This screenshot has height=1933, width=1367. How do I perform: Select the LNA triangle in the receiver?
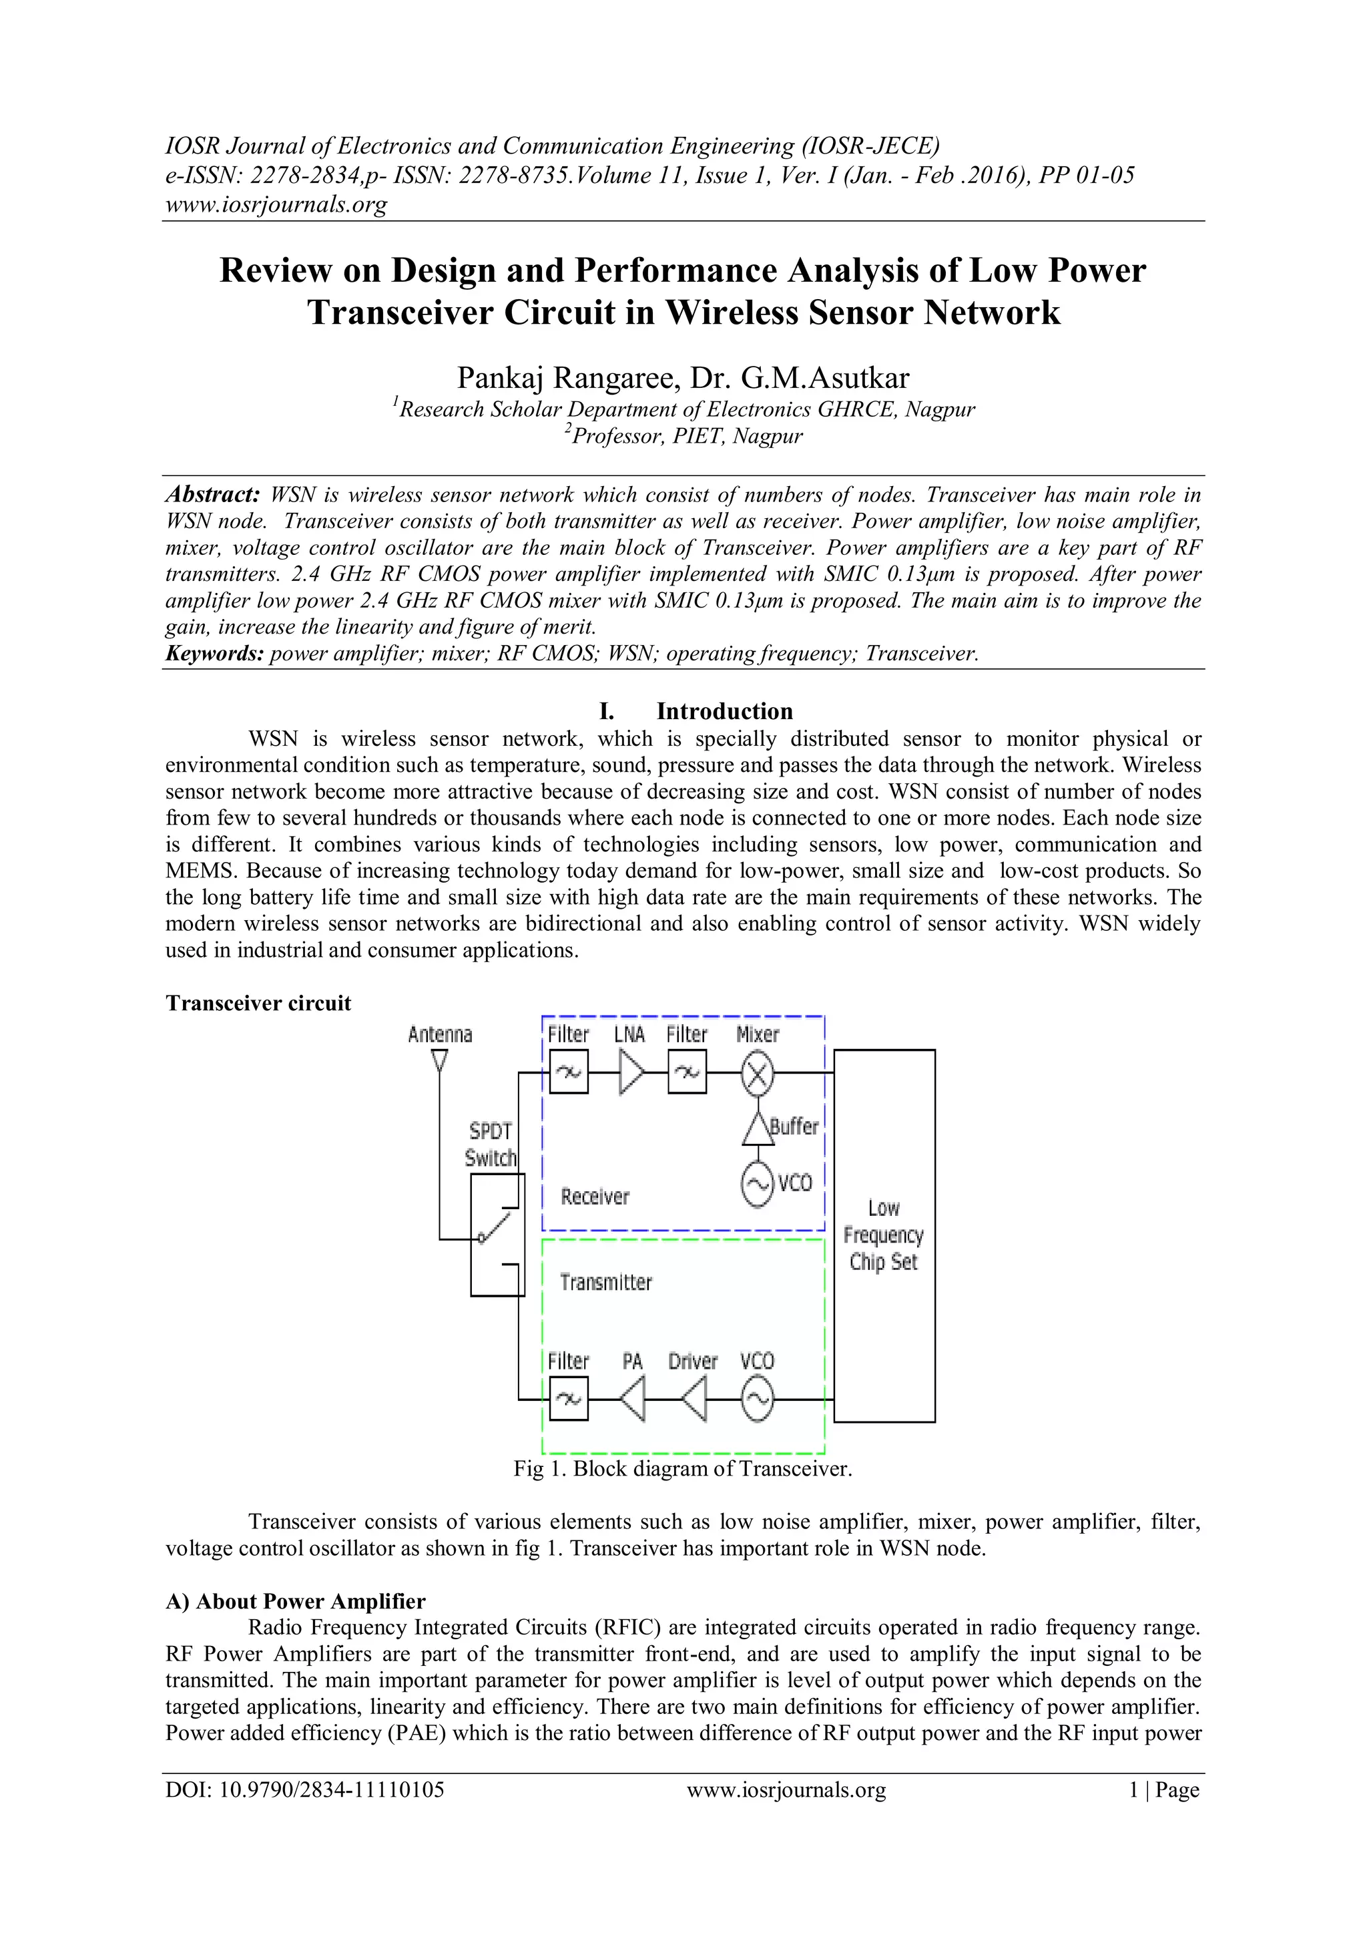pos(631,1074)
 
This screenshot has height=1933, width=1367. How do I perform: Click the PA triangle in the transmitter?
pos(633,1400)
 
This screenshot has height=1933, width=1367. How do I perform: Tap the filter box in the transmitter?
pos(568,1400)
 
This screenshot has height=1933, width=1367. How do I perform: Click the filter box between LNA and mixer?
pos(687,1074)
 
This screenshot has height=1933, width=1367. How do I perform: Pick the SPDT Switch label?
pos(490,1145)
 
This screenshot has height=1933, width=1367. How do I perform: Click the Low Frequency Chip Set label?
pos(883,1235)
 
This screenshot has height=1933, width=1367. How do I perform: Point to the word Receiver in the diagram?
pos(595,1197)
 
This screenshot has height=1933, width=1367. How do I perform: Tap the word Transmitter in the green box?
pos(606,1283)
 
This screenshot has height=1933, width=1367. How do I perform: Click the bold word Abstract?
pos(212,494)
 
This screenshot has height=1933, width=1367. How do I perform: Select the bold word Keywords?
pos(215,653)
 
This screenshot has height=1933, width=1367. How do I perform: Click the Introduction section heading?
pos(724,711)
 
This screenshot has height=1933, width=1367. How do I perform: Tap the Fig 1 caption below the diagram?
pos(683,1469)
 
